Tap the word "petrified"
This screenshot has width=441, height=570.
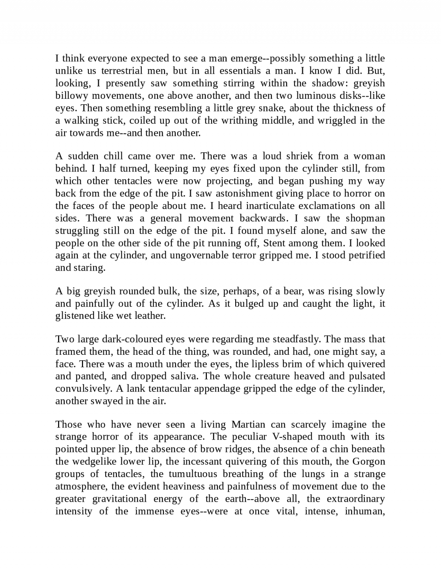point(364,256)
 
